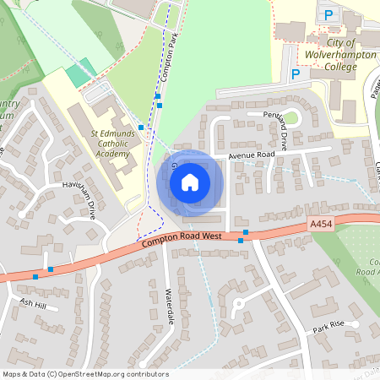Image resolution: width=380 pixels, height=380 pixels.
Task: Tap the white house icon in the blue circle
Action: (190, 182)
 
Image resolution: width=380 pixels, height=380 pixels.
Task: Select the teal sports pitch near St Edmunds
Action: (77, 78)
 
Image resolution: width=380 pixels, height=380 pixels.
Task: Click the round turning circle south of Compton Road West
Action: (238, 304)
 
